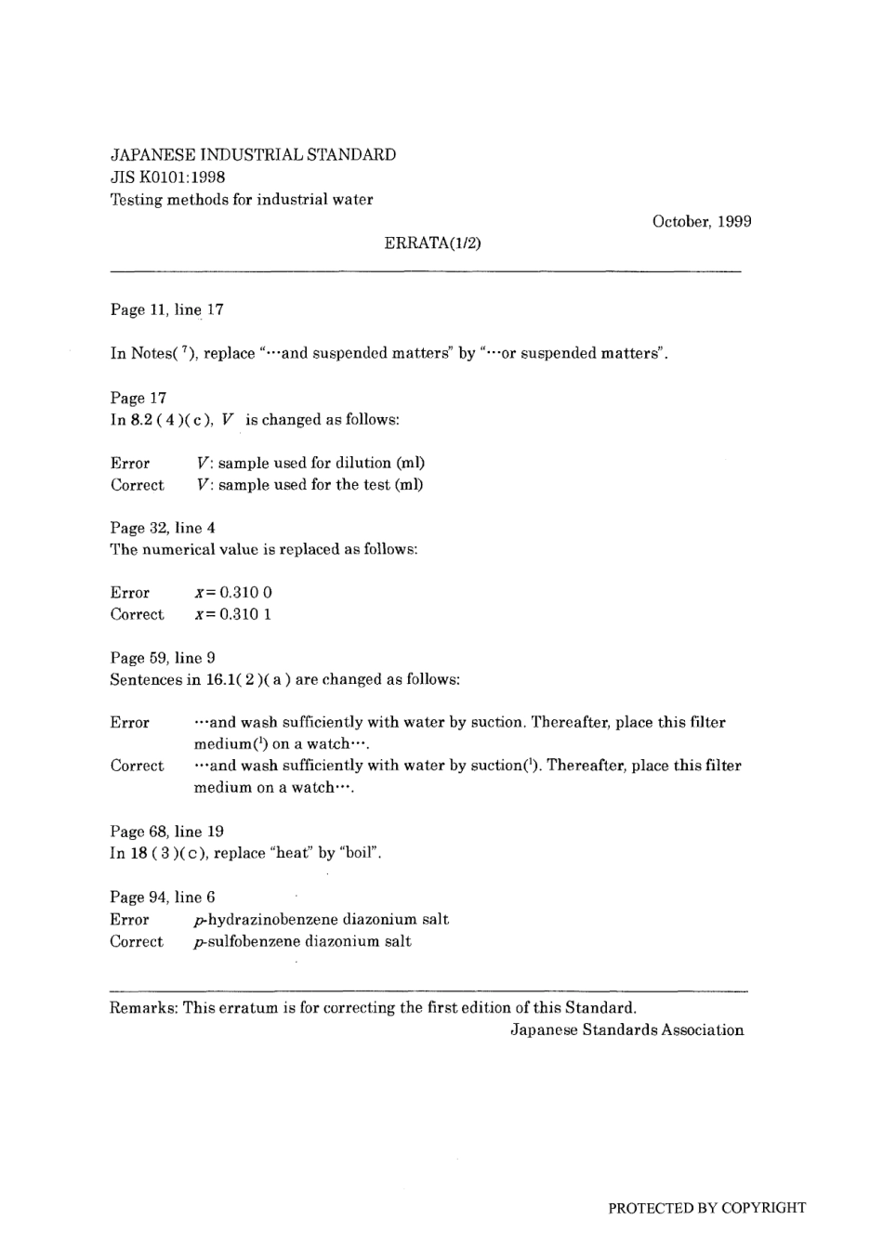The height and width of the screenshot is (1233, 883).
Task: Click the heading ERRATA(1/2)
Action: [432, 243]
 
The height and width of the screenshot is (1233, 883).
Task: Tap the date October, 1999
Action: [702, 221]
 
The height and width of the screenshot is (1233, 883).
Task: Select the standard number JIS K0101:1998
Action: [167, 177]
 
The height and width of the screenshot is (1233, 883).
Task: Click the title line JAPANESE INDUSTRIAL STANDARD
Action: [253, 154]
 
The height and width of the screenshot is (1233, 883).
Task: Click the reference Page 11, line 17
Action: [166, 309]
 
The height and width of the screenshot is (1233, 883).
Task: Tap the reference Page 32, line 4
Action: [163, 528]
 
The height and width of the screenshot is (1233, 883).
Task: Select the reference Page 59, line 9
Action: [163, 658]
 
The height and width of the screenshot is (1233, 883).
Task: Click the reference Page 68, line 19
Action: [166, 832]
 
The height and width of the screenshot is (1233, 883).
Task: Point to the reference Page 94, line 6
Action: [163, 898]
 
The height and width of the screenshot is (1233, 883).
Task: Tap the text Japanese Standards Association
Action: [627, 1030]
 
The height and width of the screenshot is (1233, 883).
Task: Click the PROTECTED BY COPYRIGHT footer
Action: [706, 1208]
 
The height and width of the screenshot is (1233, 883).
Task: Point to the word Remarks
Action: [143, 1007]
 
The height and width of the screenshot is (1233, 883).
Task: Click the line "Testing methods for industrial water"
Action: [242, 199]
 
